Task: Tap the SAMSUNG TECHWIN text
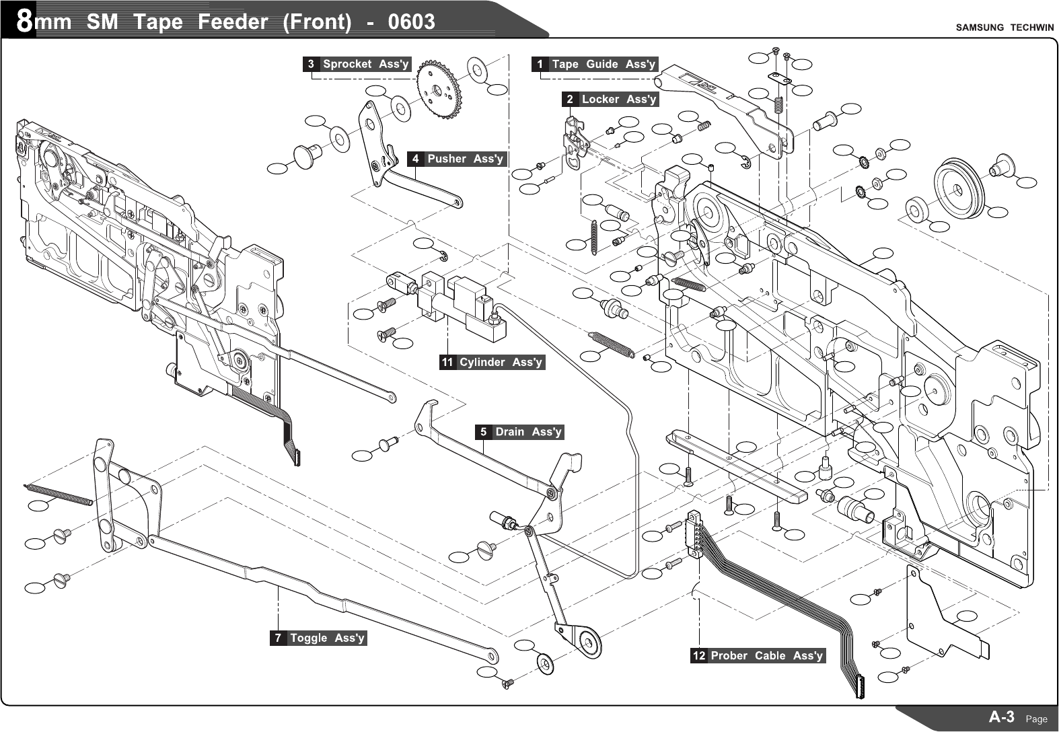point(1005,28)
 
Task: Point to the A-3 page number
point(1002,717)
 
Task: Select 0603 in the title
point(412,22)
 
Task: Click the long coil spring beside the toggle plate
point(58,493)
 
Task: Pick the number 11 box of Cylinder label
point(447,363)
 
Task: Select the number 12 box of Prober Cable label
point(699,656)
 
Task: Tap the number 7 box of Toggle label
point(278,638)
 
